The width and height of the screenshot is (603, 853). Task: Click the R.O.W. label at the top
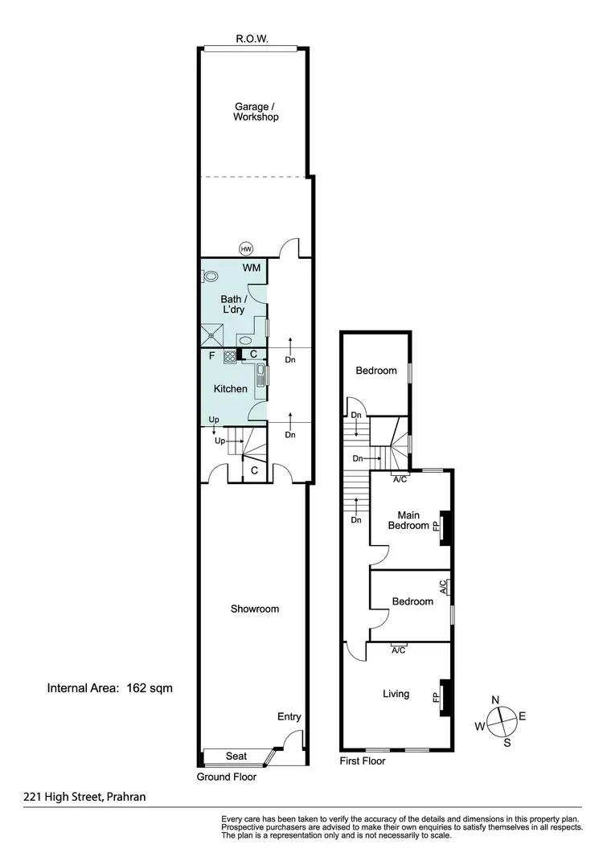pyautogui.click(x=252, y=38)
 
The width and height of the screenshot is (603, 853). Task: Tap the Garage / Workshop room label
pyautogui.click(x=256, y=111)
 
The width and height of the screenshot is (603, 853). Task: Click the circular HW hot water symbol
pyautogui.click(x=246, y=248)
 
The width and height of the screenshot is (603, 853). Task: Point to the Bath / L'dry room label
pyautogui.click(x=232, y=304)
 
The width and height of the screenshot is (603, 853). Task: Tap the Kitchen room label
pyautogui.click(x=230, y=389)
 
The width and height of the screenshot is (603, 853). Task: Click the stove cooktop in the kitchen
pyautogui.click(x=229, y=356)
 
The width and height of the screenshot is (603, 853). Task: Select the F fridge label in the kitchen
pyautogui.click(x=211, y=355)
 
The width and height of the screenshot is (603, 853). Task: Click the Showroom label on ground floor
pyautogui.click(x=255, y=609)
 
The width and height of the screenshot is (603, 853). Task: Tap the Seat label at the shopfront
pyautogui.click(x=236, y=757)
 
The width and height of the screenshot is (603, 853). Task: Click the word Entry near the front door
pyautogui.click(x=289, y=716)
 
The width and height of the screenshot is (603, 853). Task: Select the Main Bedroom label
pyautogui.click(x=408, y=519)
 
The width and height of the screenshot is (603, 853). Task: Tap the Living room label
pyautogui.click(x=396, y=694)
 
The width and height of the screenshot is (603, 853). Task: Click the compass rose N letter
pyautogui.click(x=497, y=699)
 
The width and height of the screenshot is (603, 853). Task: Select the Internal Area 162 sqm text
pyautogui.click(x=110, y=687)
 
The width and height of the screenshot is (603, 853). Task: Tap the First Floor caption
pyautogui.click(x=363, y=761)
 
